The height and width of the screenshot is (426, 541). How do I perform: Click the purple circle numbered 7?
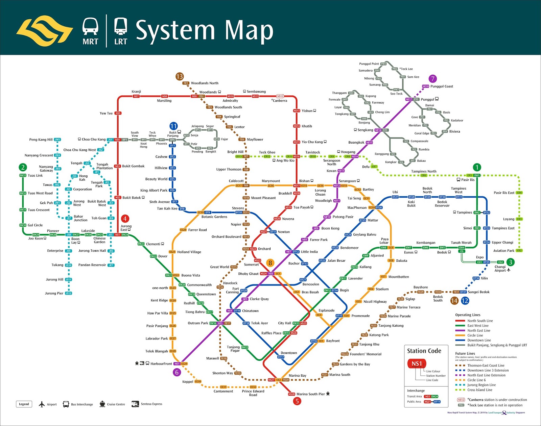point(432,79)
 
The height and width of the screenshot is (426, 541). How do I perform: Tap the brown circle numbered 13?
point(180,77)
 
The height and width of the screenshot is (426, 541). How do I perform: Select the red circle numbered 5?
point(297,401)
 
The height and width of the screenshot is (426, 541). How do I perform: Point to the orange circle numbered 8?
point(270,263)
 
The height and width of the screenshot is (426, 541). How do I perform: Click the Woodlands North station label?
point(205,83)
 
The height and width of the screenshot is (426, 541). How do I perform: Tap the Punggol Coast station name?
point(442,86)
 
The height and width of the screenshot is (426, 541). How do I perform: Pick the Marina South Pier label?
point(310,394)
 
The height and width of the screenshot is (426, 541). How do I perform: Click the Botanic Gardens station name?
point(214,217)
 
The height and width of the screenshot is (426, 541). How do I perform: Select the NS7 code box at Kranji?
point(136,96)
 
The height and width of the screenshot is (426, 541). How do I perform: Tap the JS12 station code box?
point(69,293)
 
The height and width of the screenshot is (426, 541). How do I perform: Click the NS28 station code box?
point(291,394)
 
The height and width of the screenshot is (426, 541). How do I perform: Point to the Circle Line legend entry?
point(475,335)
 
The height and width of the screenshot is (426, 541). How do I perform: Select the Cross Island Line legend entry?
point(479,390)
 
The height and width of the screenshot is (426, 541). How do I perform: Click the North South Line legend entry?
point(480,321)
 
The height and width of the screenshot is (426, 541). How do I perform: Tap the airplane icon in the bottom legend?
point(42,404)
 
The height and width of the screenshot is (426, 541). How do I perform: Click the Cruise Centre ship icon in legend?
point(102,404)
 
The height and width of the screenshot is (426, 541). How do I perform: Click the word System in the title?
point(175,30)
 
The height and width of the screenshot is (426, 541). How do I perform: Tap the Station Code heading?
point(424,351)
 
